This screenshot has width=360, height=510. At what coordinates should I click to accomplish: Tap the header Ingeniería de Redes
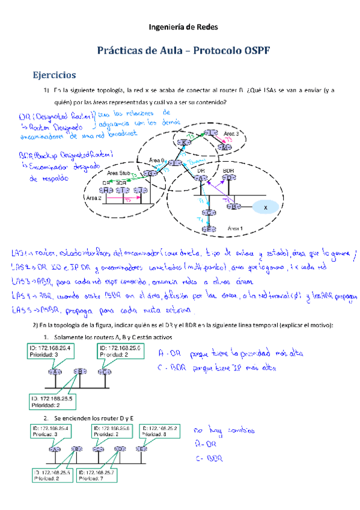coord(180,27)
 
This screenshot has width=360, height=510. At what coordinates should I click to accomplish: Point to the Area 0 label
coord(156,159)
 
